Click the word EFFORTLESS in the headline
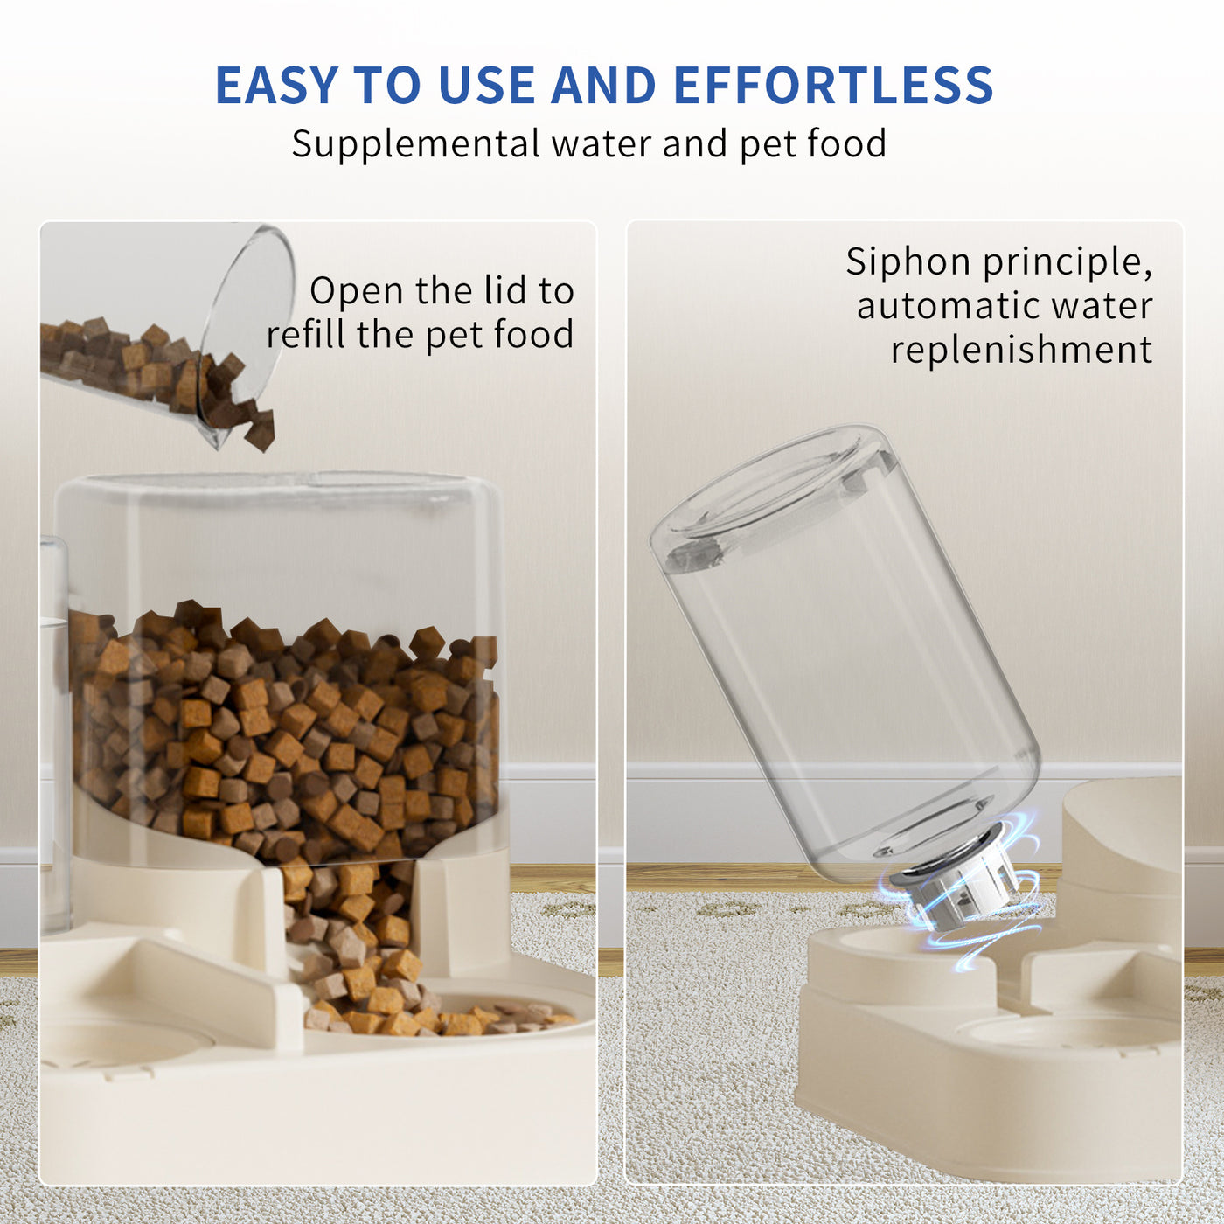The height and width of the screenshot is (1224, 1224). click(x=833, y=86)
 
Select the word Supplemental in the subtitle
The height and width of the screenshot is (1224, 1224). click(x=415, y=144)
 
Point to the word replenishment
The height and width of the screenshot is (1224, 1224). click(x=1021, y=350)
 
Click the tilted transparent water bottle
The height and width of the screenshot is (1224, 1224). click(x=848, y=656)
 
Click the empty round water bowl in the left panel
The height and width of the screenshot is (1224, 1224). click(x=122, y=1040)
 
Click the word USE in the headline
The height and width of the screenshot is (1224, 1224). click(x=486, y=86)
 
